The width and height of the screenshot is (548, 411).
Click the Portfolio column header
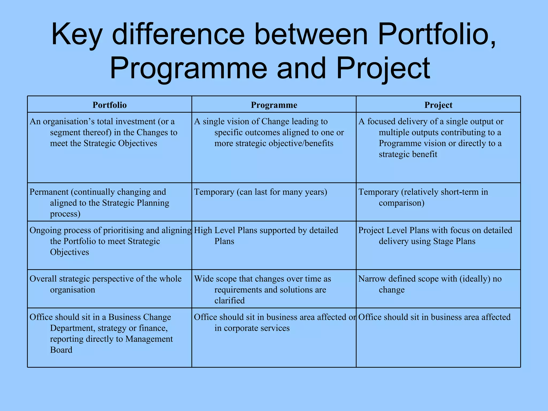(x=109, y=105)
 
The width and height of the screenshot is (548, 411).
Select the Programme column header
(x=274, y=105)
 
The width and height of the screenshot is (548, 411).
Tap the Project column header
(x=438, y=105)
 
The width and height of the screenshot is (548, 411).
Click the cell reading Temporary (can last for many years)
(x=260, y=192)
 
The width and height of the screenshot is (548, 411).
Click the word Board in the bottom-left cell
(x=61, y=350)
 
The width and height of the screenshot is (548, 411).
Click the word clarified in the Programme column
(x=229, y=301)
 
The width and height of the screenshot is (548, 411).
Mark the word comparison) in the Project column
(x=401, y=203)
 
